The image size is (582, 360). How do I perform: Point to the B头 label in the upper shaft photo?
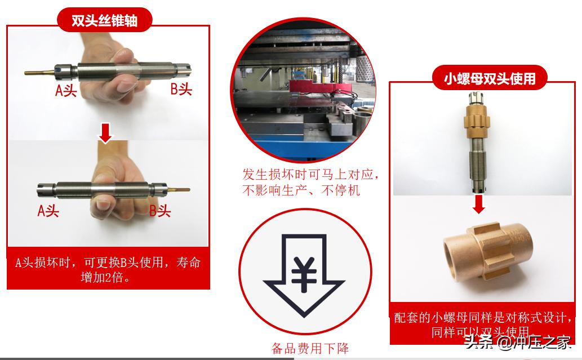tap(181, 89)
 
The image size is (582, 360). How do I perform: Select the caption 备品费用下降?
tap(310, 348)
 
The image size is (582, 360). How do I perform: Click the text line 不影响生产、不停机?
tap(301, 190)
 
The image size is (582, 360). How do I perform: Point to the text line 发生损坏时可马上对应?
tap(310, 174)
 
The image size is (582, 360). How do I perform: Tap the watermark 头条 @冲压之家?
tap(517, 341)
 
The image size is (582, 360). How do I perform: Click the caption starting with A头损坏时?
tap(108, 270)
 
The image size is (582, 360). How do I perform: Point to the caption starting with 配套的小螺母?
tap(483, 324)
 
